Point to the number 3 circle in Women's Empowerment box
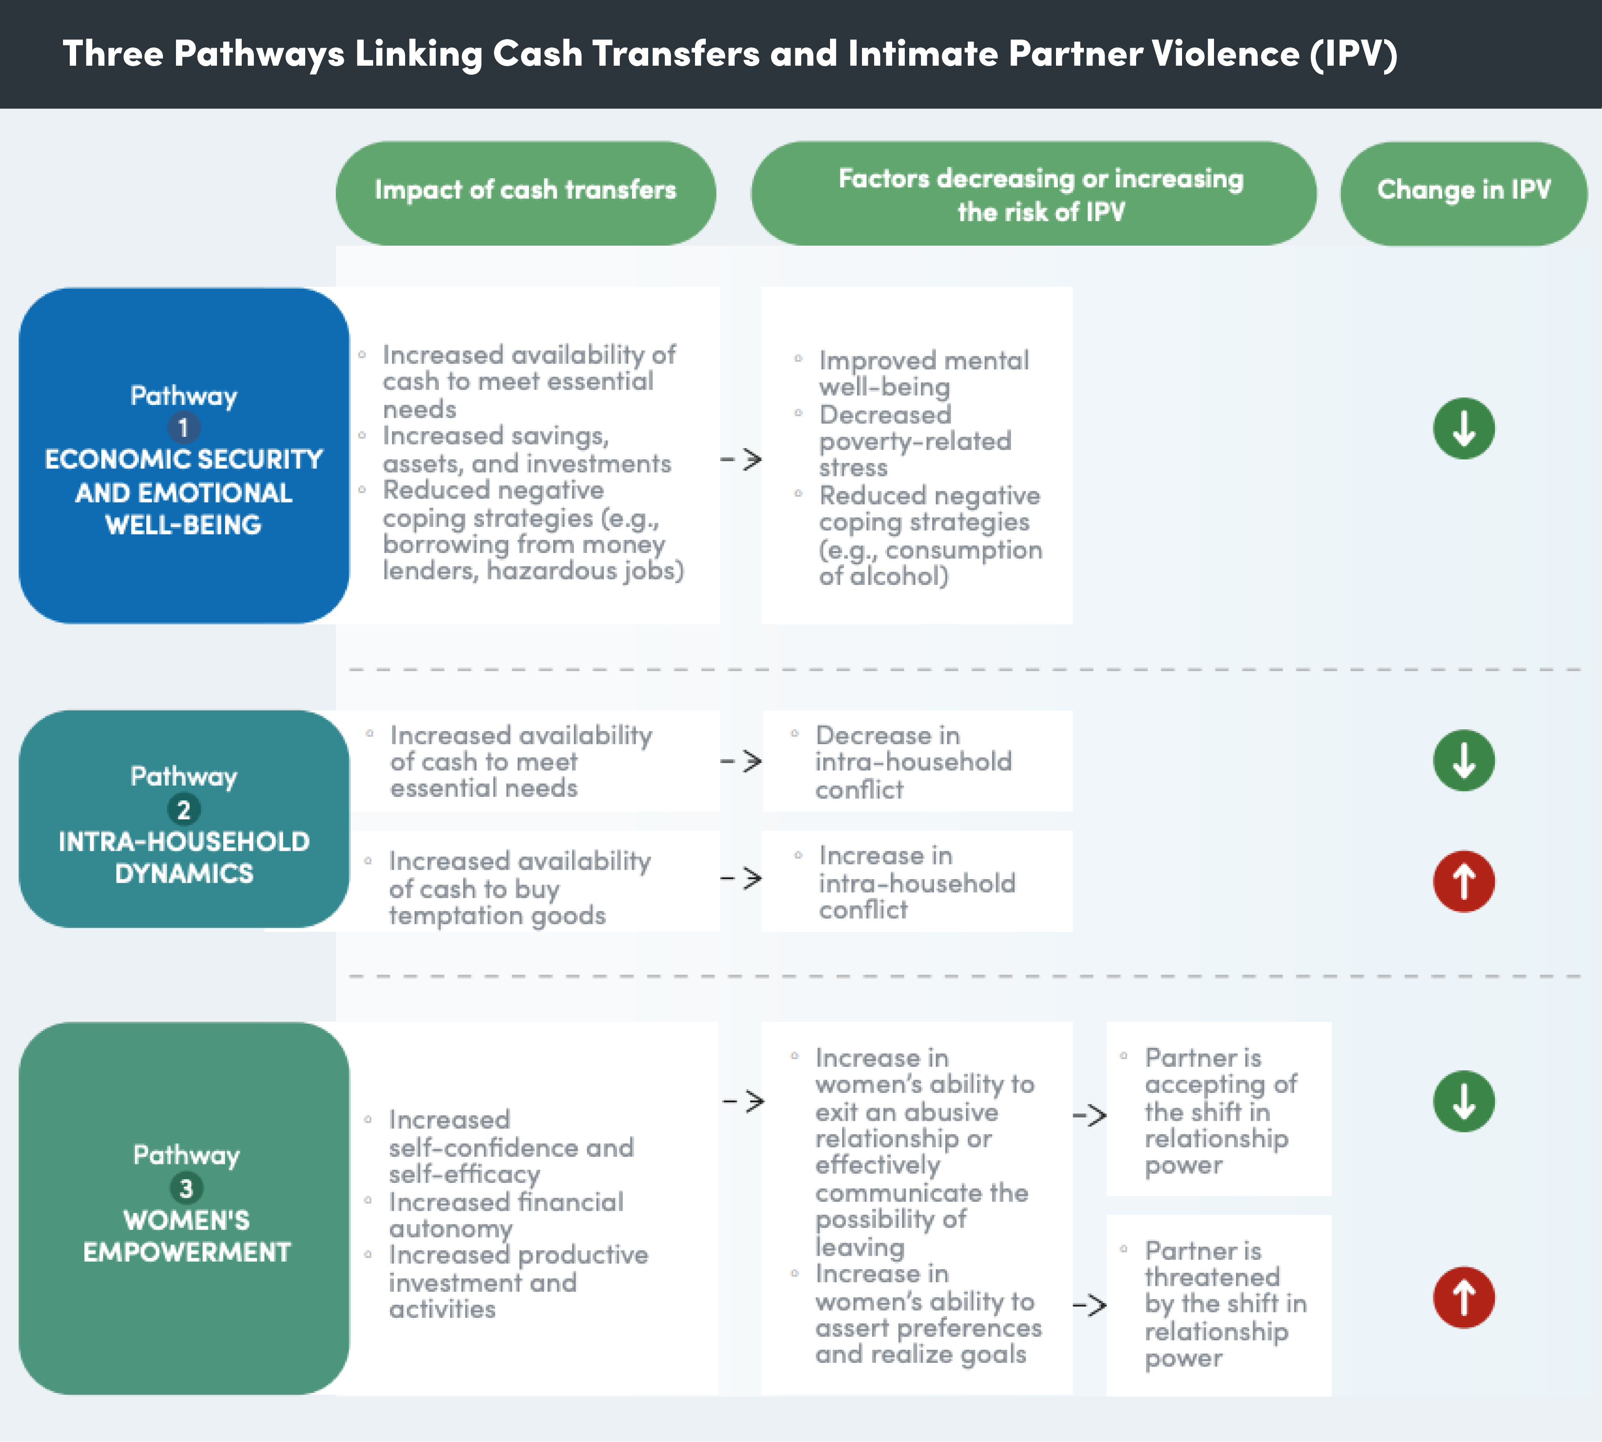pos(186,1188)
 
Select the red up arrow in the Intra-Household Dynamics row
pos(1463,881)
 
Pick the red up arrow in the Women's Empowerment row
pos(1463,1297)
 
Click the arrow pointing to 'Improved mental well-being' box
pos(741,459)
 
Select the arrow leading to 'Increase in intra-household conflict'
pos(741,878)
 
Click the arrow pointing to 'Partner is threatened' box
pos(1090,1305)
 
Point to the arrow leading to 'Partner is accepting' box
pos(1090,1115)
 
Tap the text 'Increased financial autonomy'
pos(506,1215)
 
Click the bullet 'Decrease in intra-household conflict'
pos(913,761)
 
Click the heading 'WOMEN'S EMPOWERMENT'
pos(186,1236)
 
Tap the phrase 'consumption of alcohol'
pos(930,562)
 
